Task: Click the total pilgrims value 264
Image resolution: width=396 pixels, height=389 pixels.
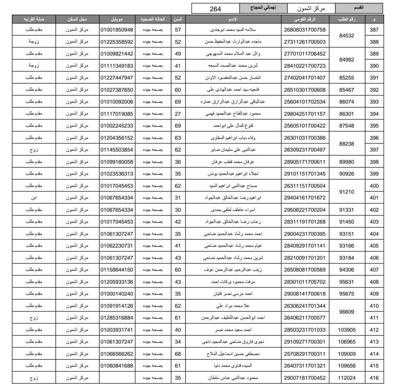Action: pos(215,8)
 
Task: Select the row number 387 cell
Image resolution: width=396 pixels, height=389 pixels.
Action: pos(374,30)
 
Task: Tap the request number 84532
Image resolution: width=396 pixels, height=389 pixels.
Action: pos(346,36)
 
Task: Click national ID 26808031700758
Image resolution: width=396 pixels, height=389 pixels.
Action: pos(304,30)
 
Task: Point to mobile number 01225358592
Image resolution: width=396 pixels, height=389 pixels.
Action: pos(117,42)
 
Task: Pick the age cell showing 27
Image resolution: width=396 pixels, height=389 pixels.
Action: pos(178,114)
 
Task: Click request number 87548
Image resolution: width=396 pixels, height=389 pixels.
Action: pos(346,126)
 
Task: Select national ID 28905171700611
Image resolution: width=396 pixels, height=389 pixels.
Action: pos(304,162)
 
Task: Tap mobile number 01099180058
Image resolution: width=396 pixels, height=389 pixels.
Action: pos(117,162)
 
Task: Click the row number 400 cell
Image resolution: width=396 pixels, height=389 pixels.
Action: pos(374,186)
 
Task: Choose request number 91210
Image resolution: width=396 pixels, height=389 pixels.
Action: pos(346,192)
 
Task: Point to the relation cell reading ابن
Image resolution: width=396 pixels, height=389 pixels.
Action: pos(34,198)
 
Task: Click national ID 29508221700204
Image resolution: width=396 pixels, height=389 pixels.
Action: pos(304,210)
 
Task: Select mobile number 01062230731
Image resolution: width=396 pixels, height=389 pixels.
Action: pos(117,246)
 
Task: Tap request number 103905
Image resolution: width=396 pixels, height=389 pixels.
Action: pos(346,330)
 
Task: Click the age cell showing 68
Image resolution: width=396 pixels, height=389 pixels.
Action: pos(178,354)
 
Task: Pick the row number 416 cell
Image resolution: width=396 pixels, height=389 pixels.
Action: pos(374,378)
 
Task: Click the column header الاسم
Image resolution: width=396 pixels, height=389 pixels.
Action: pos(233,19)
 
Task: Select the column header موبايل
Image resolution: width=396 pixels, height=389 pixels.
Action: pos(117,19)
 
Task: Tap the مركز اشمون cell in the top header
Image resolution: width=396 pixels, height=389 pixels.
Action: pos(311,8)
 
